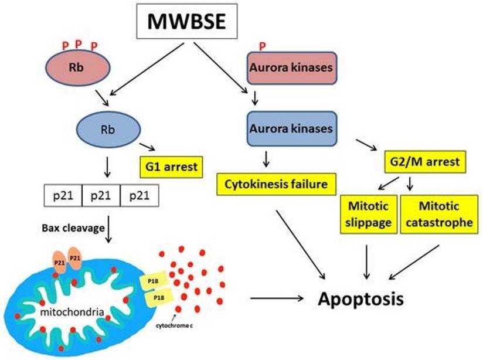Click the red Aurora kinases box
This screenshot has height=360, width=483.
point(291,67)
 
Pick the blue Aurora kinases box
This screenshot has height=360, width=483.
point(291,128)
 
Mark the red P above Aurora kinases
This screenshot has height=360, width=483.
point(262,46)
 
